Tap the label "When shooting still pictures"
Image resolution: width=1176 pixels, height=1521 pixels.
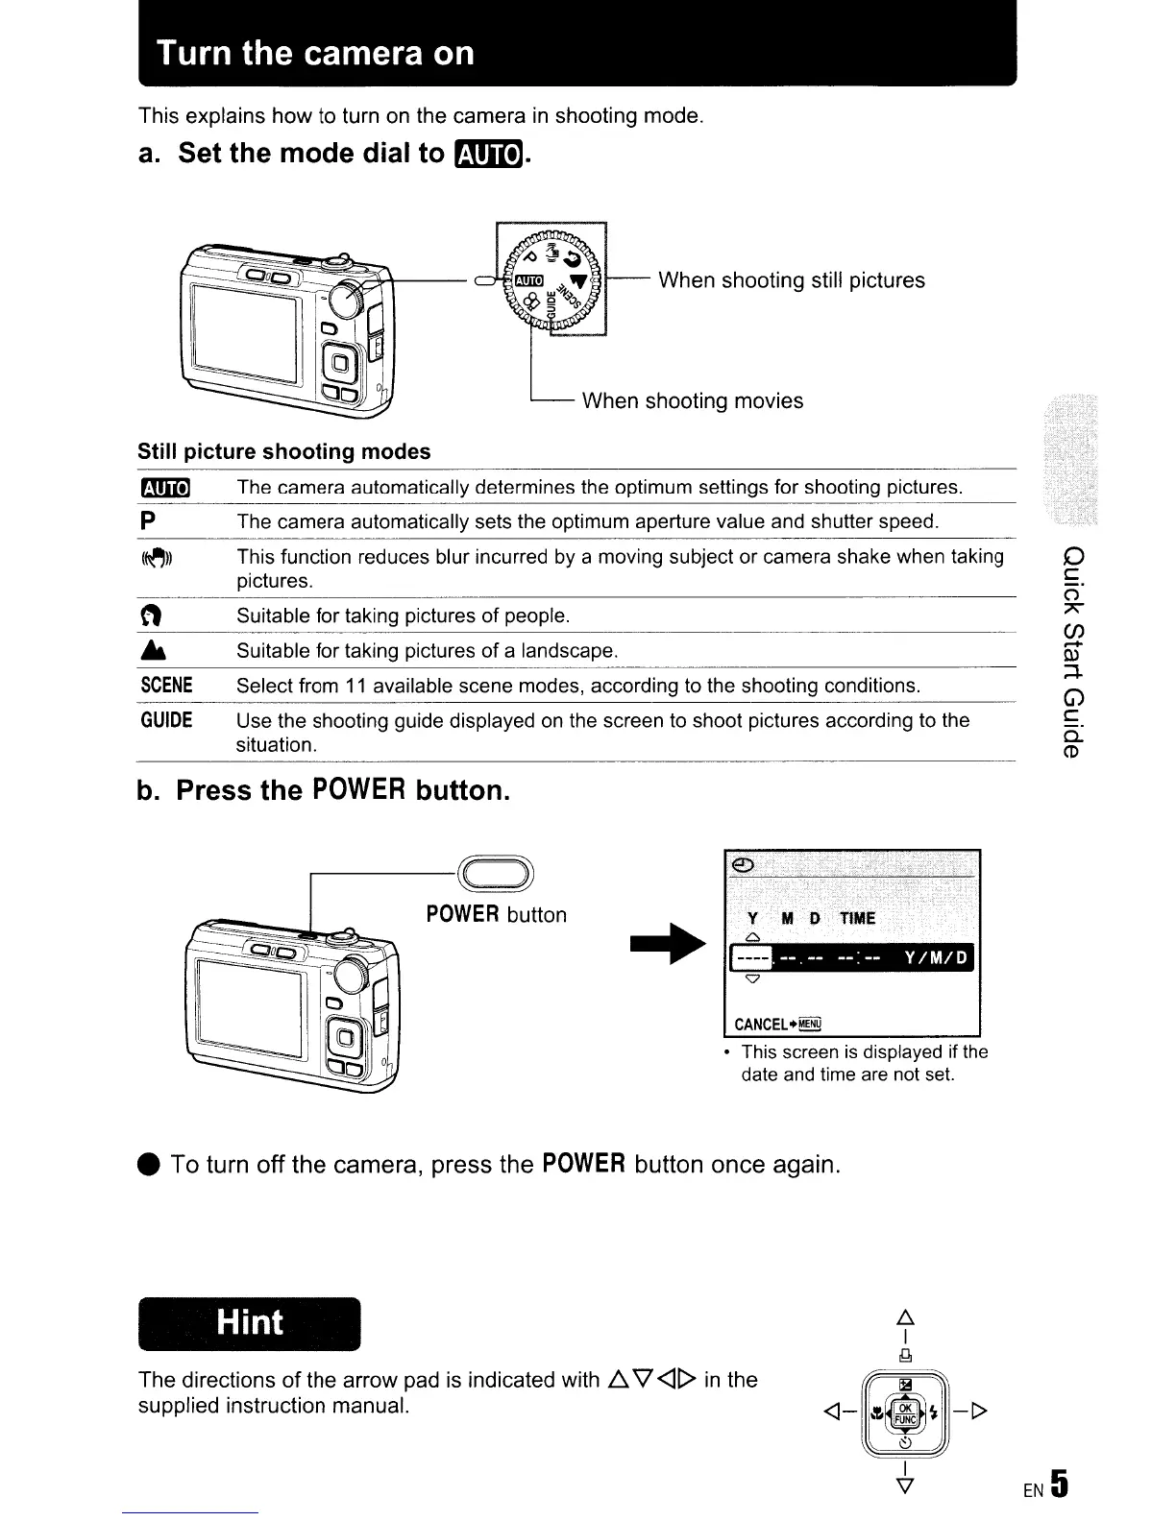[x=791, y=280]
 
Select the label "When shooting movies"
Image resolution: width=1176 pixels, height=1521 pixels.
[x=692, y=401]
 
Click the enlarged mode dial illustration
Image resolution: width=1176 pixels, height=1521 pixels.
[x=551, y=279]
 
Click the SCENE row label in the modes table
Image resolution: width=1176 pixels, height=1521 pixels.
[x=166, y=686]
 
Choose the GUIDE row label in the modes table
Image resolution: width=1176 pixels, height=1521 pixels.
[x=166, y=720]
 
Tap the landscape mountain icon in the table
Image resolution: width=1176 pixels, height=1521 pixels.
[x=148, y=651]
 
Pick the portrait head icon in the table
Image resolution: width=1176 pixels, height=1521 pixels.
[x=148, y=616]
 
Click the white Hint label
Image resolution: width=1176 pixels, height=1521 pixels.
[x=250, y=1322]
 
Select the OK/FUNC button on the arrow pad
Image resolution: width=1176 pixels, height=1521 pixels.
[x=905, y=1412]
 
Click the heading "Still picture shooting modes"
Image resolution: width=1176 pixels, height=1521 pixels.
[x=284, y=451]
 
